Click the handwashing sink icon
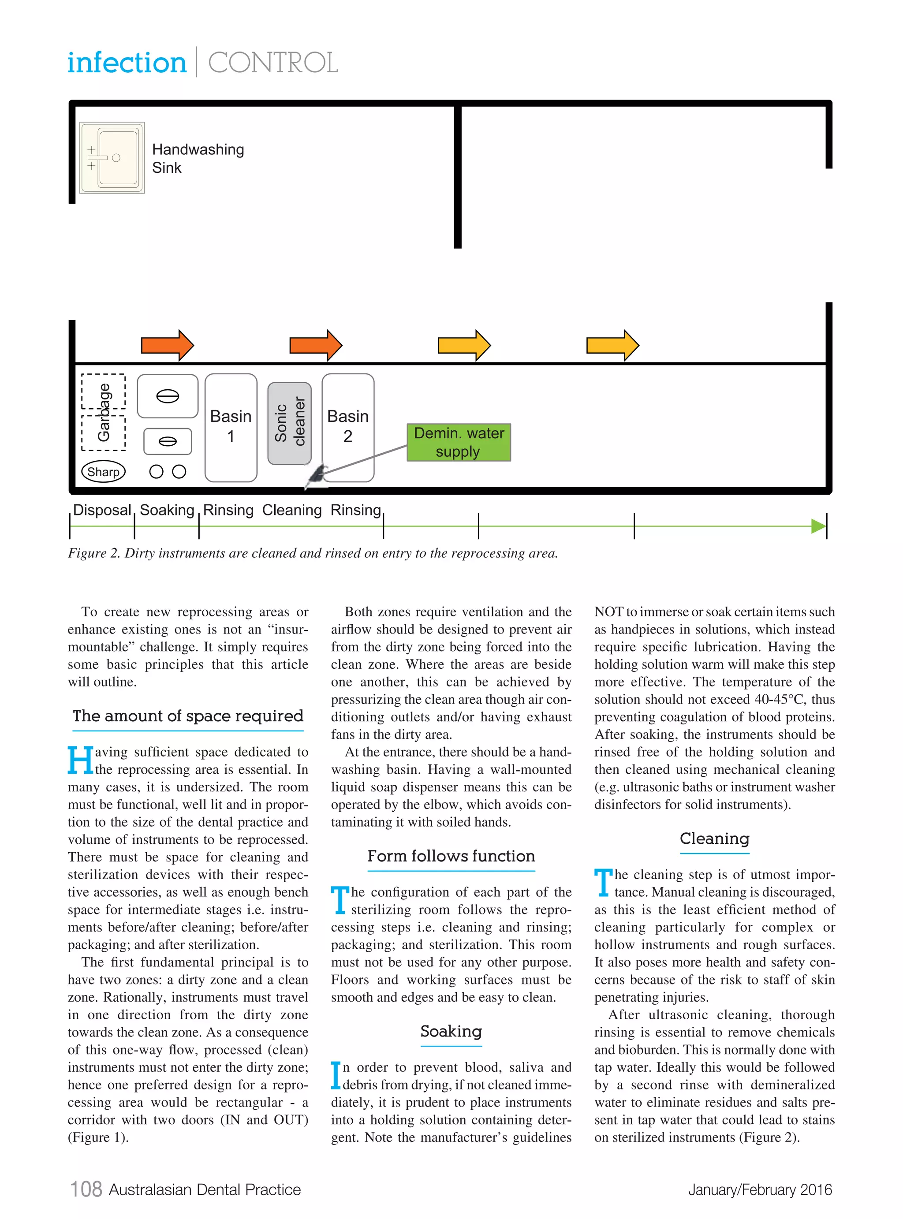tap(112, 158)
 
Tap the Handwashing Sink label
tap(198, 158)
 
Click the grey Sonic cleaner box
tap(289, 423)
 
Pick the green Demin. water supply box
tap(459, 442)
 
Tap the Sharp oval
tap(103, 472)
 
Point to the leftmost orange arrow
tap(167, 345)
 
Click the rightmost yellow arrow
tap(612, 345)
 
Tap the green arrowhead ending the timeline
tap(818, 526)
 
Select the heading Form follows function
tap(451, 856)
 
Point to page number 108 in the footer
tap(86, 1189)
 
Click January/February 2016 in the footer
tap(760, 1189)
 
